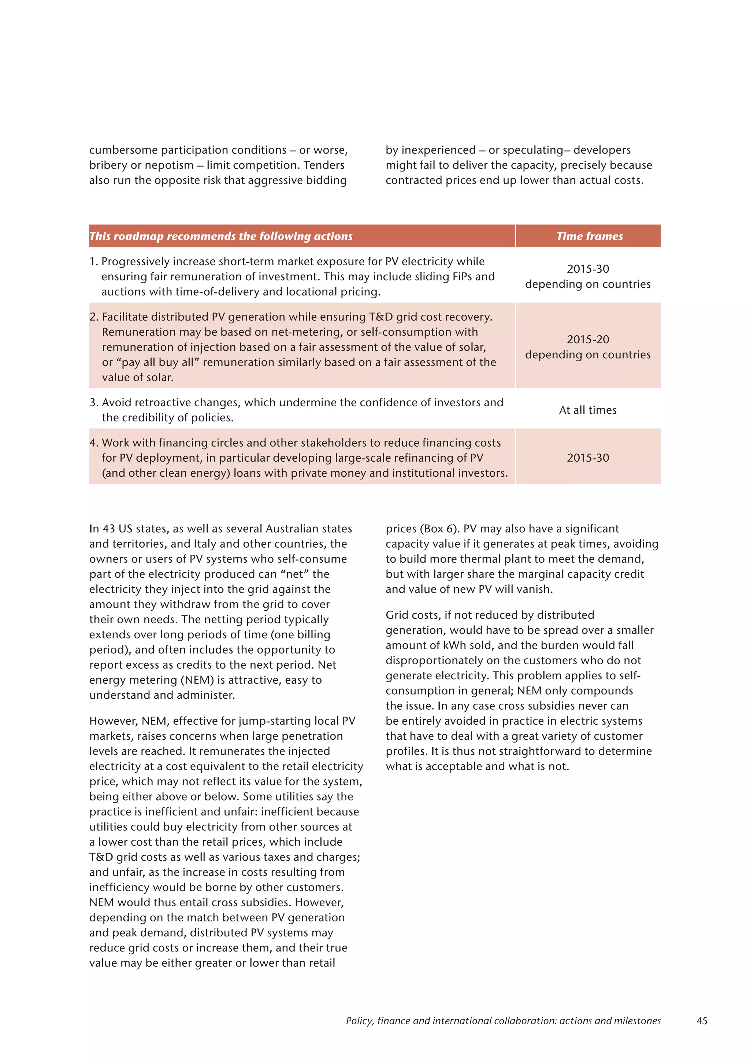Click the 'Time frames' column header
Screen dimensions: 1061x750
(x=589, y=236)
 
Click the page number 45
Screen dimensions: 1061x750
(x=702, y=1021)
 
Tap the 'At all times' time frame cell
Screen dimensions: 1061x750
(x=587, y=410)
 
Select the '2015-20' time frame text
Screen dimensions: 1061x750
(x=587, y=339)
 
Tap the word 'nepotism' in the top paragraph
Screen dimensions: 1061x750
(x=171, y=165)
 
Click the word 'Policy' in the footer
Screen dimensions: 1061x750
(x=359, y=1021)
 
